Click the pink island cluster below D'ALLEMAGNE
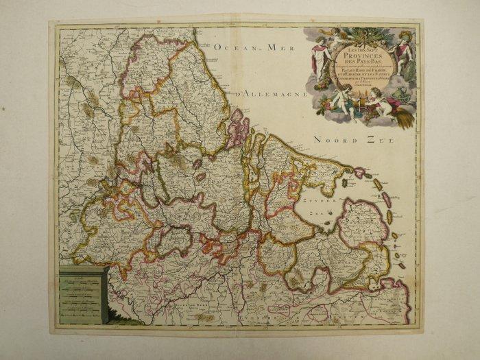click(237, 128)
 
